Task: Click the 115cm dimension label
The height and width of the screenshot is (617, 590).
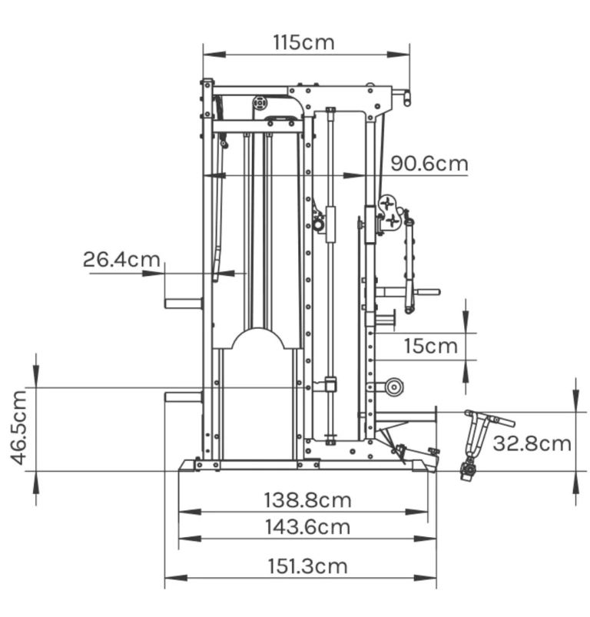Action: [303, 42]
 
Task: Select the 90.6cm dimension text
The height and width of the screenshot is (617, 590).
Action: [429, 164]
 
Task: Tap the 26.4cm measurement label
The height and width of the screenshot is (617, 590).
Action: [121, 259]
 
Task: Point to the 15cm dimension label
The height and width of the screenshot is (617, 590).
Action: [431, 347]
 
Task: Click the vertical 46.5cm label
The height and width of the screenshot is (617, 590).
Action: [19, 427]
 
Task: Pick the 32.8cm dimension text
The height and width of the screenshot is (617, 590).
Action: [532, 443]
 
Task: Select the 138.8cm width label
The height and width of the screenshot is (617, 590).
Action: [307, 500]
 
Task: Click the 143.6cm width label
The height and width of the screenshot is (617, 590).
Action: [307, 527]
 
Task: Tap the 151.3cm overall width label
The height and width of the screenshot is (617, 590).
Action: [307, 566]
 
